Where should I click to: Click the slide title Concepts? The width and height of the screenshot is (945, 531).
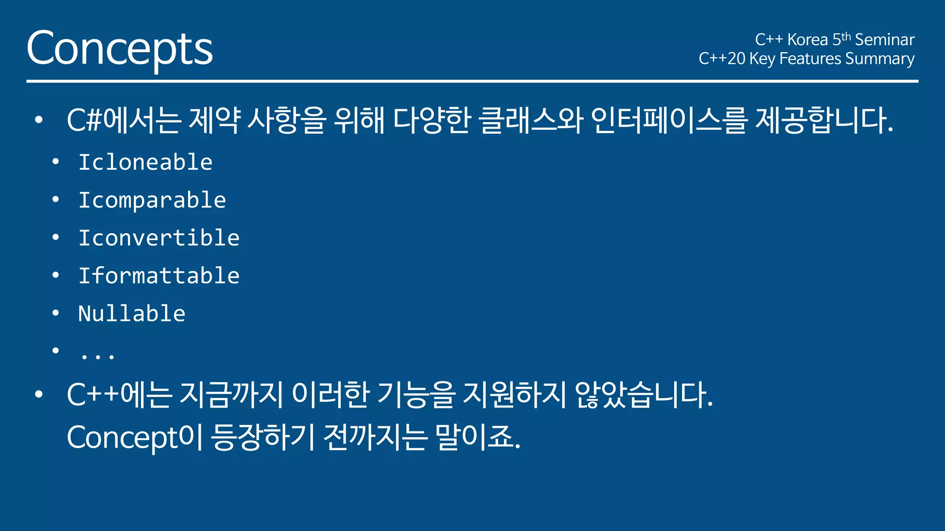pyautogui.click(x=120, y=48)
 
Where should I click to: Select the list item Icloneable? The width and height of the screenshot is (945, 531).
pyautogui.click(x=145, y=162)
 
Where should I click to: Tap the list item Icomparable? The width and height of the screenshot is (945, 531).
pyautogui.click(x=152, y=200)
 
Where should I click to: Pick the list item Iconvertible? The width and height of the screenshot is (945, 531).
pyautogui.click(x=159, y=238)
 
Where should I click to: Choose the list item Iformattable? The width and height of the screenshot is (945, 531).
pyautogui.click(x=159, y=276)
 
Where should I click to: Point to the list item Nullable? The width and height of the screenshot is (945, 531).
pyautogui.click(x=132, y=313)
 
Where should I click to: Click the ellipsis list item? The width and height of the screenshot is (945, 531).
pyautogui.click(x=97, y=355)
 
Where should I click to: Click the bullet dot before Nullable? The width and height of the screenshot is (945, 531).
pyautogui.click(x=56, y=313)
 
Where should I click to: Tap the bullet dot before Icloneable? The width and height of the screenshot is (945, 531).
pyautogui.click(x=56, y=162)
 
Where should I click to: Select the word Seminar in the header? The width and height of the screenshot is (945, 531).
pyautogui.click(x=885, y=40)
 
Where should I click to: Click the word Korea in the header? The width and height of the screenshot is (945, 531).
pyautogui.click(x=807, y=40)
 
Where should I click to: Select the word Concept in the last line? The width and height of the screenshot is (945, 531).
pyautogui.click(x=122, y=437)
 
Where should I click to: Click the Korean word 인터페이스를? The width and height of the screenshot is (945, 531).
pyautogui.click(x=669, y=120)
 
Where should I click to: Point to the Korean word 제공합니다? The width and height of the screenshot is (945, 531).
pyautogui.click(x=824, y=120)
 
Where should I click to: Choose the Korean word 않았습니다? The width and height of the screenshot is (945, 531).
pyautogui.click(x=644, y=395)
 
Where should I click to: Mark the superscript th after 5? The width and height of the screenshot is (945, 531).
pyautogui.click(x=846, y=36)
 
